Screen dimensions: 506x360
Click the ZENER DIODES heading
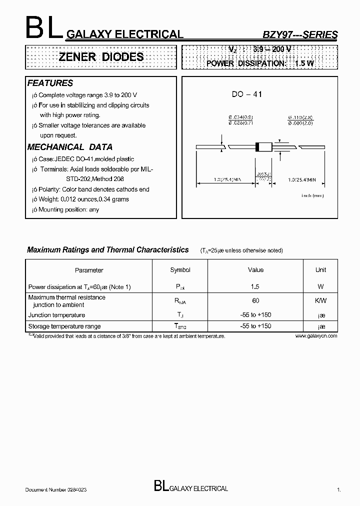point(101,57)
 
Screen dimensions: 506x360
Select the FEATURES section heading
point(50,83)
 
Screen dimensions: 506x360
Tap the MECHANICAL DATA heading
point(69,147)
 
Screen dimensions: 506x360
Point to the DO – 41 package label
point(247,94)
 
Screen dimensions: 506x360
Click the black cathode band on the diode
point(258,147)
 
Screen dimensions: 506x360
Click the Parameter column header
point(89,270)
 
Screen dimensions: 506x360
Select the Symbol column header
point(180,270)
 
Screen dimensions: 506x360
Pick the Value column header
point(255,270)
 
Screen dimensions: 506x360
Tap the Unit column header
point(320,270)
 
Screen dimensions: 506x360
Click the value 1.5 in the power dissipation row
point(255,286)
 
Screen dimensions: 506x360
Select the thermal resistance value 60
point(255,301)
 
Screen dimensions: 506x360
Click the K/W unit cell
point(320,301)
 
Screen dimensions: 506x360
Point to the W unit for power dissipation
point(320,286)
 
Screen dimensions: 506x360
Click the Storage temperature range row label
point(64,326)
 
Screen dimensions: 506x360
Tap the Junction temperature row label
point(56,315)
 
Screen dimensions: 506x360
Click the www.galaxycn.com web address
point(316,336)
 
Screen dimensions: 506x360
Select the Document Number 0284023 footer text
point(58,490)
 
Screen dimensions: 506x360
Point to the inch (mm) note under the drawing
point(312,195)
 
